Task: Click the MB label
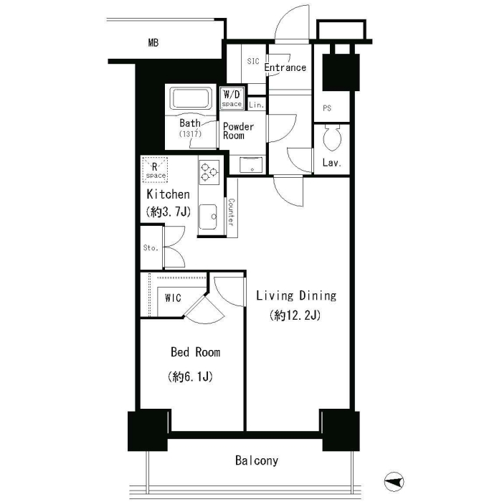[x=153, y=42]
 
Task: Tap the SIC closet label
[x=253, y=61]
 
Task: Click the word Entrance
[x=285, y=67]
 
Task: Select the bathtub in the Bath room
[x=192, y=98]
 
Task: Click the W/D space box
[x=232, y=98]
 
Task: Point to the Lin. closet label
[x=257, y=105]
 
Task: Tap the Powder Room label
[x=238, y=131]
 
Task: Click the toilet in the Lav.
[x=332, y=138]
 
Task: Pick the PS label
[x=327, y=108]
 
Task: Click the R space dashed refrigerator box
[x=155, y=170]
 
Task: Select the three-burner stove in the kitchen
[x=209, y=173]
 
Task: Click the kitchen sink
[x=208, y=217]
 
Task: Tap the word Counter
[x=231, y=212]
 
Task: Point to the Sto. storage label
[x=151, y=248]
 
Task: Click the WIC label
[x=173, y=298]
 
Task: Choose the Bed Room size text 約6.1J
[x=190, y=376]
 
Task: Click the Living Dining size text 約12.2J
[x=295, y=316]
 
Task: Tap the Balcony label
[x=257, y=460]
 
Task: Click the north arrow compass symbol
[x=394, y=481]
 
